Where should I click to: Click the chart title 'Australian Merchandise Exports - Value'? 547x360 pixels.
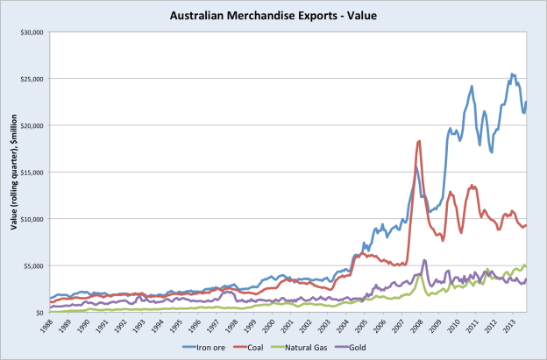[x=273, y=14]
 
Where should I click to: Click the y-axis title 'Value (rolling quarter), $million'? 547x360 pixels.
[x=16, y=171]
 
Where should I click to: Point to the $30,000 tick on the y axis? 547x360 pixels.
[x=32, y=32]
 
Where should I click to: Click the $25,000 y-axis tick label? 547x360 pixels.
[x=32, y=79]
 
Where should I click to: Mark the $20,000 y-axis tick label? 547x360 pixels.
[x=32, y=125]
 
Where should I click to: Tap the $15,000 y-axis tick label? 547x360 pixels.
[x=32, y=172]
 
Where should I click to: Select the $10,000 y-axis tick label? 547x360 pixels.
[x=32, y=218]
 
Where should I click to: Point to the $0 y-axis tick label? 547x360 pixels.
[x=41, y=312]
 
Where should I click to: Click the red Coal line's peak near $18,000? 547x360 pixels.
[x=420, y=141]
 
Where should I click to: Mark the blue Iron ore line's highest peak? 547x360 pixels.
[x=513, y=74]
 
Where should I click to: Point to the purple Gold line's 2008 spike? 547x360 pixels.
[x=425, y=260]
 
